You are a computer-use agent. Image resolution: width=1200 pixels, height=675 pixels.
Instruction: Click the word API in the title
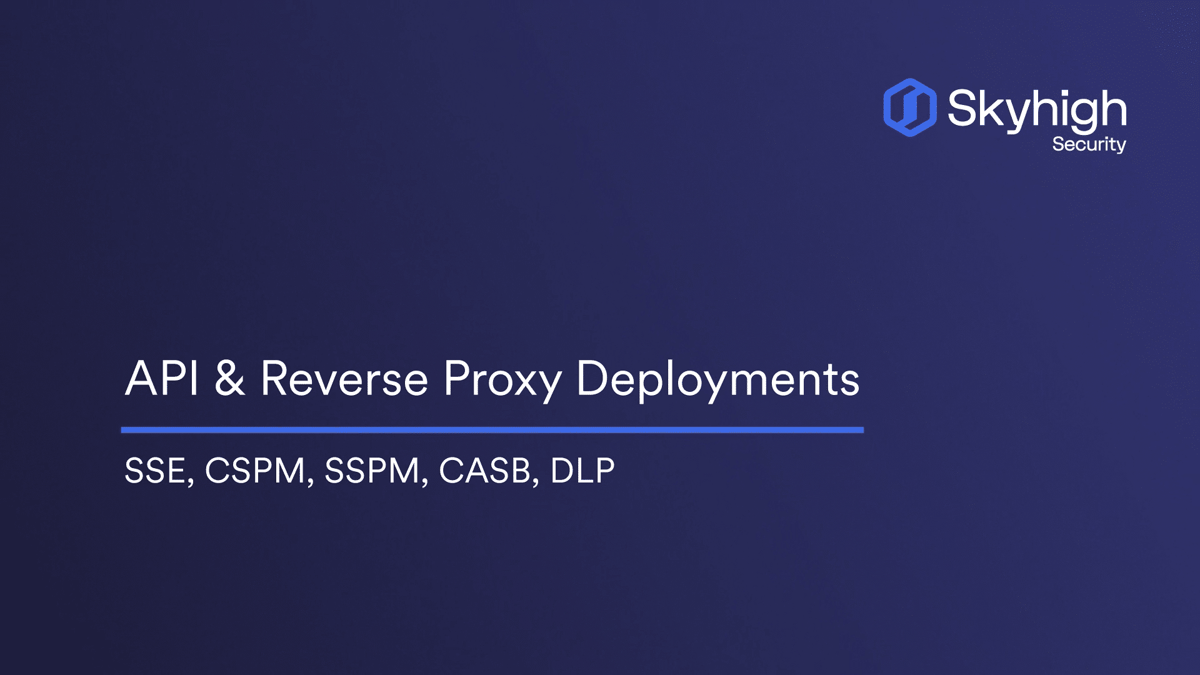pos(162,378)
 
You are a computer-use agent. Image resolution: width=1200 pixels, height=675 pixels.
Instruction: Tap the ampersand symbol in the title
pos(229,378)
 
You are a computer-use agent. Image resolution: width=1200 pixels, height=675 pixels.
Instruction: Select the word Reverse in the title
pos(344,378)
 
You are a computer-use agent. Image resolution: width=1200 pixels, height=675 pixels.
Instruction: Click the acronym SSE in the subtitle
pos(155,471)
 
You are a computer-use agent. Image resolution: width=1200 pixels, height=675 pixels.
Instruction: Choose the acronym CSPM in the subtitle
pos(255,471)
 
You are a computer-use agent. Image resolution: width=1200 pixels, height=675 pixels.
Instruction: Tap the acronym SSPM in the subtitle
pos(372,471)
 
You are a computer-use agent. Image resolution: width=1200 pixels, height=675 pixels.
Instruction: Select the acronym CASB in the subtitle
pos(485,471)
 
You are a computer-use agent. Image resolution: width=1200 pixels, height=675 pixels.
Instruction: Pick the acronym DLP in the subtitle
pos(582,471)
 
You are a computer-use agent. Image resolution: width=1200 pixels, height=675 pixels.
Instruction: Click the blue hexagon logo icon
pos(910,107)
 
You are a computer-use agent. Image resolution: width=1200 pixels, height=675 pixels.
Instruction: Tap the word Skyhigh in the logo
pos(1037,110)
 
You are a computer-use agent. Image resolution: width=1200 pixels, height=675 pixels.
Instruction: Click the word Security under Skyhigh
pos(1089,144)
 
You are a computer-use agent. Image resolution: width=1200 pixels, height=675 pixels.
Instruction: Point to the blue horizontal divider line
pos(492,430)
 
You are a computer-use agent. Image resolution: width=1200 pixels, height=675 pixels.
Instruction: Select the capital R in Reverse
pos(275,378)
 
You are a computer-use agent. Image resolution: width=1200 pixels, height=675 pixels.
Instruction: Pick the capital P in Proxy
pos(456,378)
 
